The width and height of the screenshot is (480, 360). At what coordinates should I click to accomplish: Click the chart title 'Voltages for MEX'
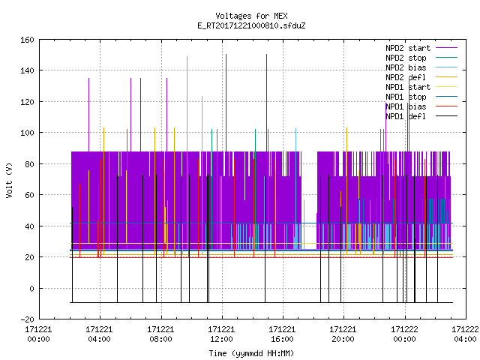point(251,16)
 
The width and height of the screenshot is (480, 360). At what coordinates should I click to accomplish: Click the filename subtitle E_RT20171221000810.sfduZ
point(251,25)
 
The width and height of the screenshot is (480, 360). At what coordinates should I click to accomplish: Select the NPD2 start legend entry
point(421,48)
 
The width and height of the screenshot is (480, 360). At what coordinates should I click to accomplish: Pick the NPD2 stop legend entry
point(421,58)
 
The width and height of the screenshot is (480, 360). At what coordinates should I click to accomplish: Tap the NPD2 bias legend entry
point(421,67)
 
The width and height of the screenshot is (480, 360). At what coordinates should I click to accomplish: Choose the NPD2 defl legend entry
point(421,77)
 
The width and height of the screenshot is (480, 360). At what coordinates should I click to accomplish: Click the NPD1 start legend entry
point(421,87)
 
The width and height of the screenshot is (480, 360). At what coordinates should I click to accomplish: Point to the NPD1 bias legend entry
point(421,106)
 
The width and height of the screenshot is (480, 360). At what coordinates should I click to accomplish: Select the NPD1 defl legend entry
point(421,116)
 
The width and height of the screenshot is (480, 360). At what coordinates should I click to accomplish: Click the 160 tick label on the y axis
point(27,40)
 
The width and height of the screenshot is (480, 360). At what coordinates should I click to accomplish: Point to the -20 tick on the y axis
point(27,319)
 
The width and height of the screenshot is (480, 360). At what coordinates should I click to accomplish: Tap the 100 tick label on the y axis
point(27,133)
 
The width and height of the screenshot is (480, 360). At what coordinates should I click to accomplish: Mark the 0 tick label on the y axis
point(31,288)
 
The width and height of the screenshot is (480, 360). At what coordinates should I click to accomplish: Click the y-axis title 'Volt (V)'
point(9,180)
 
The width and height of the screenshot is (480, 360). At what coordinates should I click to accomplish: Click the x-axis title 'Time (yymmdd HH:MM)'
point(251,353)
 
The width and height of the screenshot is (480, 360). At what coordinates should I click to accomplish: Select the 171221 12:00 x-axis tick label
point(221,334)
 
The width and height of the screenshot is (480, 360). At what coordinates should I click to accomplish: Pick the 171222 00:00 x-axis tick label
point(404,334)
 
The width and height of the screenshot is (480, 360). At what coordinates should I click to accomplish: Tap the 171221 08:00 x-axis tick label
point(160,334)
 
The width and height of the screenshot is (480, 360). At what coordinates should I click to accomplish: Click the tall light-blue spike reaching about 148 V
point(187,153)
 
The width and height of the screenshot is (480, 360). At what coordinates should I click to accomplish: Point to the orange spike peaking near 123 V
point(202,175)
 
